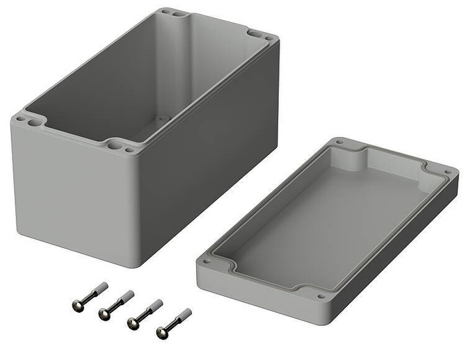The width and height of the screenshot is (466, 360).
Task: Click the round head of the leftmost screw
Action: point(77,304)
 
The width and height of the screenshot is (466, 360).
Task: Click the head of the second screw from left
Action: point(104,314)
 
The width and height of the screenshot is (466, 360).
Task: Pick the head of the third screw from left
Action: point(132,322)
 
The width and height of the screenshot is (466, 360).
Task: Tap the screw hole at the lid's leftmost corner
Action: point(205,263)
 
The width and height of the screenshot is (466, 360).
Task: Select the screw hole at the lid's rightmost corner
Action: point(447,172)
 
